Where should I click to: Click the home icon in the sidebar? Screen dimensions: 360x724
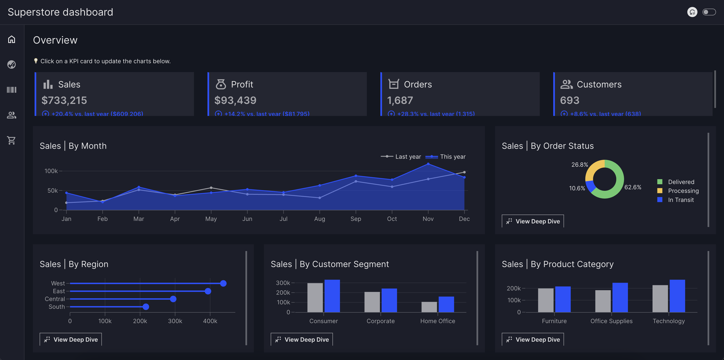click(12, 39)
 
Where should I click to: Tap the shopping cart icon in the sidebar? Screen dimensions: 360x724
click(12, 140)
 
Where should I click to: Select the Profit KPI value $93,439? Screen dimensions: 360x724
click(235, 100)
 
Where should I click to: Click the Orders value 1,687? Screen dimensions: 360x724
click(400, 100)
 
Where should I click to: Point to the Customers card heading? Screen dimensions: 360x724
click(599, 84)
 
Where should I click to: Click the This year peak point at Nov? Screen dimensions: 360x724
click(428, 164)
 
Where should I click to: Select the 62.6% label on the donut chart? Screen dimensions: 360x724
click(633, 187)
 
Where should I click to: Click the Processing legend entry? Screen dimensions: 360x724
click(683, 191)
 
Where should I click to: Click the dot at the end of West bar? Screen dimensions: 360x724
click(223, 283)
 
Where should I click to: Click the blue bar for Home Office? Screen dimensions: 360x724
click(446, 304)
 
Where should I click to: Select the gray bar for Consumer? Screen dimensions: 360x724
click(315, 298)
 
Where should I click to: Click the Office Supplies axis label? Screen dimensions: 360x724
click(611, 321)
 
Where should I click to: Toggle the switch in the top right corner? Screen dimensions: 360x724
click(709, 12)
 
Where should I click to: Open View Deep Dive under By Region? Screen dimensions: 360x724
click(71, 340)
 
